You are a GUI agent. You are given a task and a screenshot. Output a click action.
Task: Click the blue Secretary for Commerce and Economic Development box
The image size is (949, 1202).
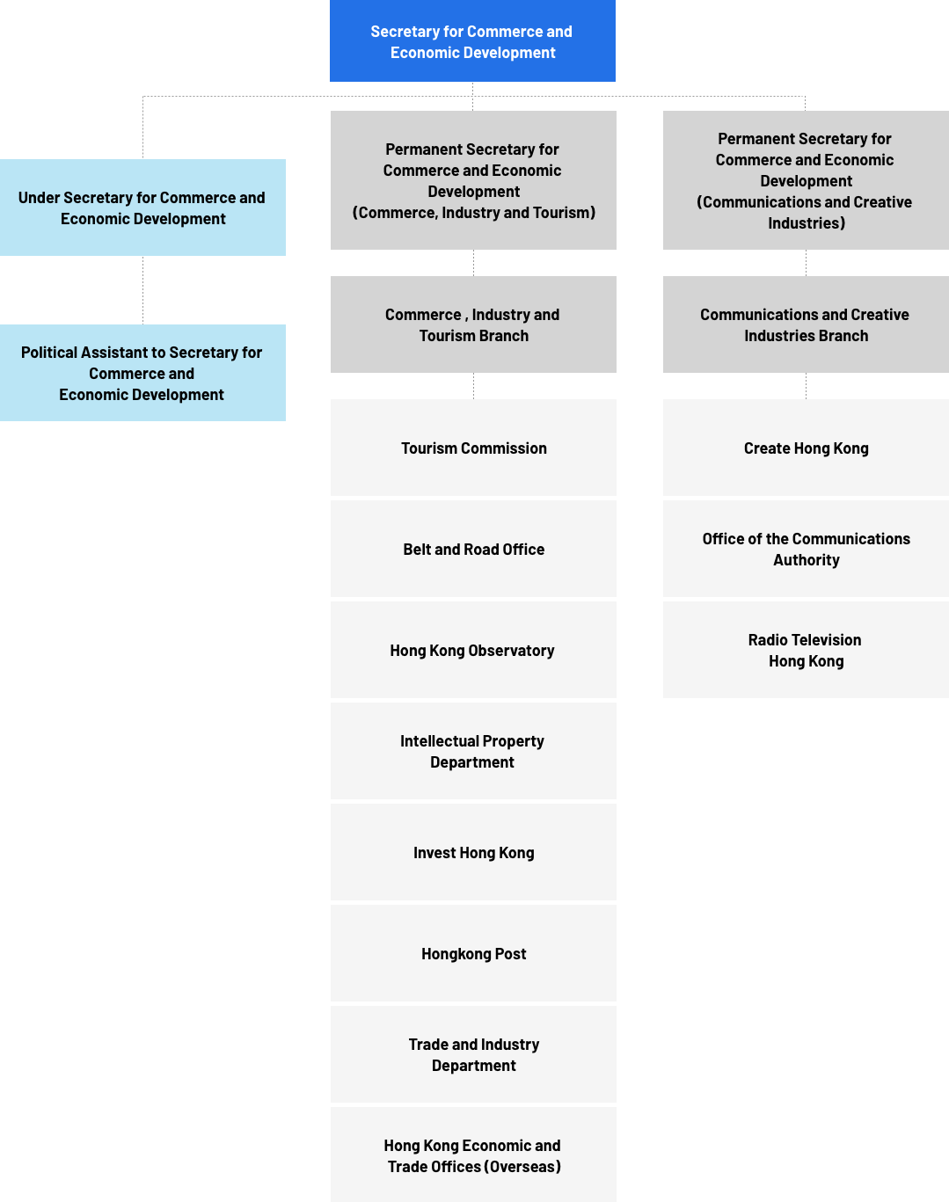tap(472, 41)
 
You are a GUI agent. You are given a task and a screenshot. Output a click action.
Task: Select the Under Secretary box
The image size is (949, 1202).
tap(142, 208)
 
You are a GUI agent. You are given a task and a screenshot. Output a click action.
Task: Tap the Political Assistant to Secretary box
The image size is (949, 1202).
tap(142, 373)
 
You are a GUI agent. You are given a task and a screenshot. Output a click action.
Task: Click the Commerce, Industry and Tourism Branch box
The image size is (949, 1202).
tap(473, 324)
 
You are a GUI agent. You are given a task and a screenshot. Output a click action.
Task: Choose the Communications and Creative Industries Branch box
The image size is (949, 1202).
tap(806, 324)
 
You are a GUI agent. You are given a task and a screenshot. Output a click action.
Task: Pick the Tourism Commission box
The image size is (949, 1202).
tap(473, 448)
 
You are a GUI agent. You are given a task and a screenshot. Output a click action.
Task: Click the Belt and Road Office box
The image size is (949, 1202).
tap(473, 549)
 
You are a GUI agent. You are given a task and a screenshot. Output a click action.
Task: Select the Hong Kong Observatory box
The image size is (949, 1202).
tap(473, 650)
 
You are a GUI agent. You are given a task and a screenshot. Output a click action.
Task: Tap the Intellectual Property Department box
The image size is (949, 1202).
tap(473, 751)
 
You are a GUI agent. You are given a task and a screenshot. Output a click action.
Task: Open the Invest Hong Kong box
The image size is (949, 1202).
tap(473, 852)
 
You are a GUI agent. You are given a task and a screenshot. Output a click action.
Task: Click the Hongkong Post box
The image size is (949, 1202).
tap(473, 953)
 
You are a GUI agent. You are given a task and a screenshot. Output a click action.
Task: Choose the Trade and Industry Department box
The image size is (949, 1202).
tap(473, 1054)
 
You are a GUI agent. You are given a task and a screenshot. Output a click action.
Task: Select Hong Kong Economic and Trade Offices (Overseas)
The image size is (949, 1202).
tap(473, 1155)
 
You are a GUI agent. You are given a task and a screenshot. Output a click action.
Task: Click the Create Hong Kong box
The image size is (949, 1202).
tap(806, 448)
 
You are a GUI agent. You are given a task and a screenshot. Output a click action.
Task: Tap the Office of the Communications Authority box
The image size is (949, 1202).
tap(806, 549)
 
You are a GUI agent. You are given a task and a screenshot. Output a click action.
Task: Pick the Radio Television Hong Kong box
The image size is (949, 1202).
tap(806, 650)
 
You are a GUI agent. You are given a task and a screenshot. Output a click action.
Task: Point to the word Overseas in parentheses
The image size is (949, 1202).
tap(522, 1167)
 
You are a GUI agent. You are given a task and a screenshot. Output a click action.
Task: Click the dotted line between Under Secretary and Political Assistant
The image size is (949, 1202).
tap(142, 290)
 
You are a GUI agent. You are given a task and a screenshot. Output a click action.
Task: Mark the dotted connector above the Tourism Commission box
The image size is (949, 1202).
tap(473, 386)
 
